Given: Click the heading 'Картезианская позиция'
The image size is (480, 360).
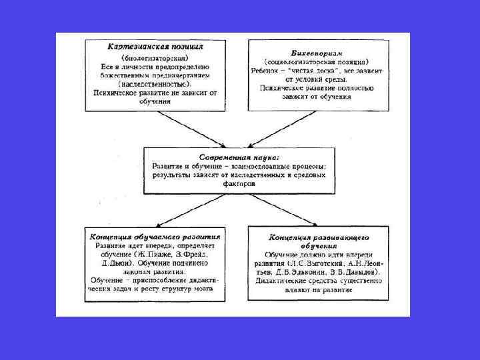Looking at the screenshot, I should [156, 48].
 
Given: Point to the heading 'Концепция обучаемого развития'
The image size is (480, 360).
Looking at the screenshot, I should [155, 236].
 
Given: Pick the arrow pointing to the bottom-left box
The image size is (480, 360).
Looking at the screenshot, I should [179, 212].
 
